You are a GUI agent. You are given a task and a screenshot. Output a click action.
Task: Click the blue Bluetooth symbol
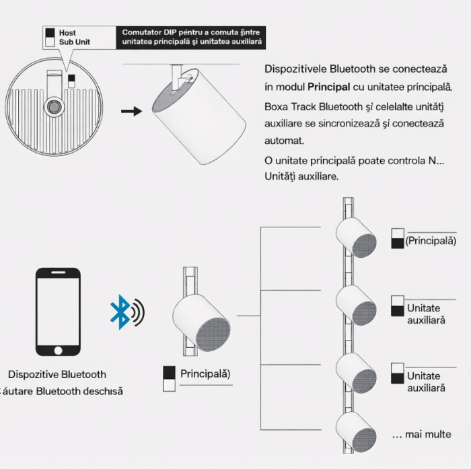pyautogui.click(x=120, y=312)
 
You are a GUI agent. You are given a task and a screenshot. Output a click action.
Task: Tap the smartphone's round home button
pyautogui.click(x=58, y=351)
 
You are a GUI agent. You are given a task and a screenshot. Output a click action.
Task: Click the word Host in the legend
pyautogui.click(x=67, y=32)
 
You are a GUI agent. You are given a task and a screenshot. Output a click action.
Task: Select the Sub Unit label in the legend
pyautogui.click(x=75, y=42)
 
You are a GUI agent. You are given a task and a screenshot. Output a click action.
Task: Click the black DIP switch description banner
pyautogui.click(x=191, y=37)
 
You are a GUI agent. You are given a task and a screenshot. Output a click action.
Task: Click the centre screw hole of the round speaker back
pyautogui.click(x=52, y=106)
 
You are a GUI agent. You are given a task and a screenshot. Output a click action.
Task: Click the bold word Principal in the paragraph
pyautogui.click(x=329, y=87)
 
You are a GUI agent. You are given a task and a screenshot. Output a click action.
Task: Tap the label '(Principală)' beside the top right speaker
pyautogui.click(x=431, y=240)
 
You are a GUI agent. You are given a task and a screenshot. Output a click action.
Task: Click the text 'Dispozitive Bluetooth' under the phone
pyautogui.click(x=57, y=374)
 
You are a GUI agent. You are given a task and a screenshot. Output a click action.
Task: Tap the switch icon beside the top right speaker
pyautogui.click(x=398, y=238)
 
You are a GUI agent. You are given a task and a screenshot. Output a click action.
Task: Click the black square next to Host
pyautogui.click(x=50, y=32)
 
